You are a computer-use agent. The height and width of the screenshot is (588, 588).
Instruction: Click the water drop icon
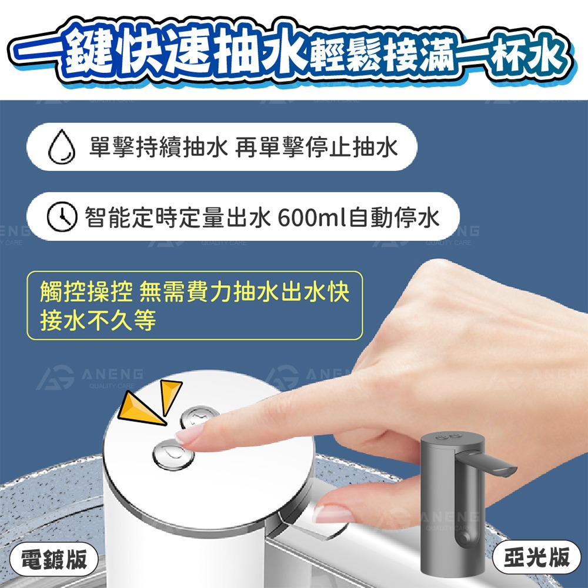click(x=61, y=147)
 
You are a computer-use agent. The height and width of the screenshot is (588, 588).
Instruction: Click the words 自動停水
click(x=395, y=219)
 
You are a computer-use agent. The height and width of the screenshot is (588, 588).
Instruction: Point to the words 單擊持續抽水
click(x=158, y=147)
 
